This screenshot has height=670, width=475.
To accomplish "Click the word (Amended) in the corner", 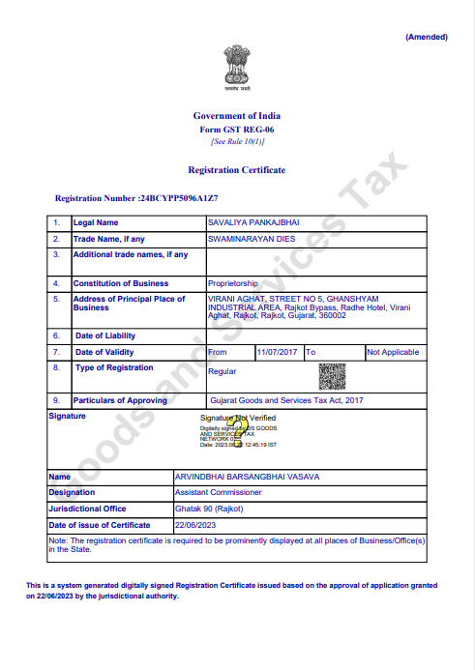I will tap(426, 37).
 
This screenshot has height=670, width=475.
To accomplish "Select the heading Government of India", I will tap(237, 116).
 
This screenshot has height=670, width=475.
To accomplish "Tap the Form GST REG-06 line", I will tap(237, 129).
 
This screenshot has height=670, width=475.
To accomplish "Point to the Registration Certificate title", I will tap(237, 169).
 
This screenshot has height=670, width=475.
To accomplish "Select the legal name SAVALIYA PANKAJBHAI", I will tap(253, 222).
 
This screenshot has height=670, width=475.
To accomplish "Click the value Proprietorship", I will tap(233, 283).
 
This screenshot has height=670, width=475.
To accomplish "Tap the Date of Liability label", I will tap(105, 335).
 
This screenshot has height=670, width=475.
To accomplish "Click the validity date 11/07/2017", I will tap(278, 352).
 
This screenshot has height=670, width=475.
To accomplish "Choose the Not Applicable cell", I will tap(394, 352).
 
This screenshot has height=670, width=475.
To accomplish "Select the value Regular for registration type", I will tap(223, 371).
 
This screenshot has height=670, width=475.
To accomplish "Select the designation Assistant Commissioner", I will tap(220, 492).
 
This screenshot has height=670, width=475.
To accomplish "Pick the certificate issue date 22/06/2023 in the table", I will tap(194, 524).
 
